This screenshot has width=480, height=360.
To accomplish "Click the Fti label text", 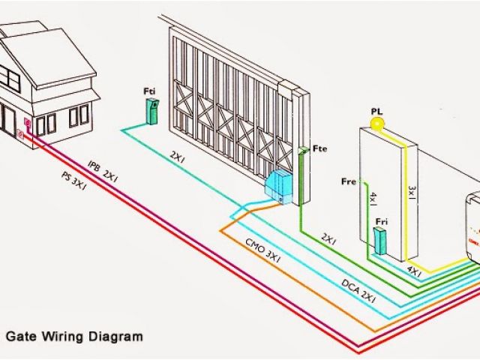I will [x=150, y=91].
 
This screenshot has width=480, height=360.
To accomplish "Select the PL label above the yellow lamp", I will [x=376, y=112].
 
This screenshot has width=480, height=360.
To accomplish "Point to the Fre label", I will [x=349, y=181].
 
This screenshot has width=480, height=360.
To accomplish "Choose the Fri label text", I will [x=382, y=221].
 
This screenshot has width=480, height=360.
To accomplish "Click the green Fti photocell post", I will [x=152, y=111].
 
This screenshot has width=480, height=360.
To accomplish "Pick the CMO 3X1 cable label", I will [x=262, y=249].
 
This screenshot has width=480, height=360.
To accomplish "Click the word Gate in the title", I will [x=21, y=337].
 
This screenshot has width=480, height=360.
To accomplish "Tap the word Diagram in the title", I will [x=118, y=337].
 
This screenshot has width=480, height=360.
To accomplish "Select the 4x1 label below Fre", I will [x=373, y=201].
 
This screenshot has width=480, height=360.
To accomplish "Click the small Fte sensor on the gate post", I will [x=301, y=151].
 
